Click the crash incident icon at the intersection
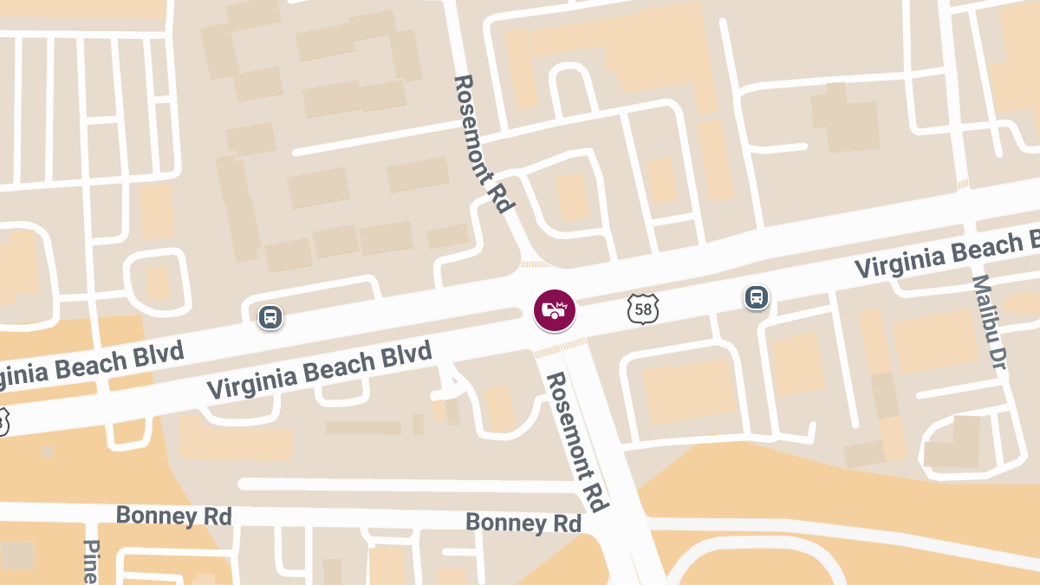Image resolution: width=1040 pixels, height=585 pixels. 555,310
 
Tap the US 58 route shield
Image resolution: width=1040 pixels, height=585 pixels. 644,309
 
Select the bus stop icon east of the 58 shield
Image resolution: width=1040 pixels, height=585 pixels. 757,297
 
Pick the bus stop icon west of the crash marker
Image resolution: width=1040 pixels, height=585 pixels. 270,317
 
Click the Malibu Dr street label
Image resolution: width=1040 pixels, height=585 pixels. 988,324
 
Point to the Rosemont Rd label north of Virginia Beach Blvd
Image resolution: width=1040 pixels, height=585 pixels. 484,144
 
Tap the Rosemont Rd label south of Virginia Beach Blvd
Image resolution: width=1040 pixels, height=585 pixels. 575,442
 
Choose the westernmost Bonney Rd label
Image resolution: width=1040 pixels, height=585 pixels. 173,516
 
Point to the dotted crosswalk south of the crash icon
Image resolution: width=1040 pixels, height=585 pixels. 560,348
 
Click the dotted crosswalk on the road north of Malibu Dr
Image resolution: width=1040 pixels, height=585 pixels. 962,184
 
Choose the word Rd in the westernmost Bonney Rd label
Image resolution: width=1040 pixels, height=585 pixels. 218,517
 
